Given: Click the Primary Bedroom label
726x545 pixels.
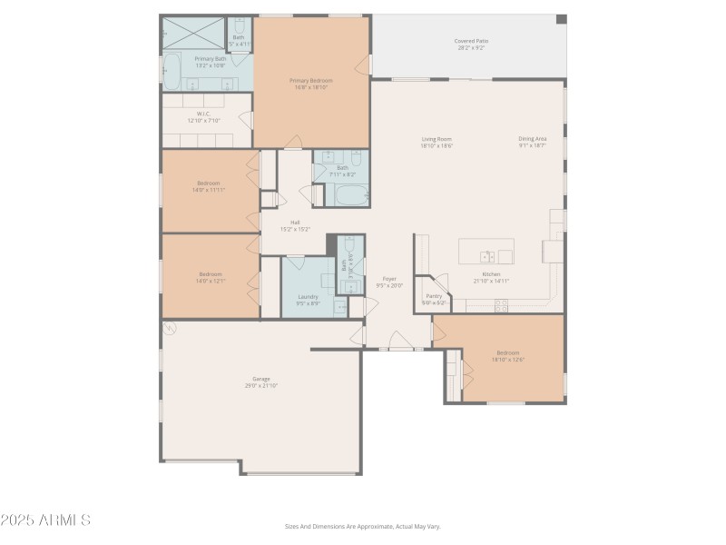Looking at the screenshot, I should (311, 81).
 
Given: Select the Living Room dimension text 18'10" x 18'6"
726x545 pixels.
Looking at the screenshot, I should (437, 145).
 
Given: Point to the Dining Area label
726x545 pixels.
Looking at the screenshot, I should (532, 138).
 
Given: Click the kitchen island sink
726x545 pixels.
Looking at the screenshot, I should (488, 255).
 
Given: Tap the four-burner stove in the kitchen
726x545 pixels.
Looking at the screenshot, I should (501, 305).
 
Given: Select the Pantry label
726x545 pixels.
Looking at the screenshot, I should (434, 295).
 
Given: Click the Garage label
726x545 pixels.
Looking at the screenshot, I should (261, 379).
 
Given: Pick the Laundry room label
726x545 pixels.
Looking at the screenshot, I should (308, 296).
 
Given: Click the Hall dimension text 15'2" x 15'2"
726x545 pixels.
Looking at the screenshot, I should (295, 229).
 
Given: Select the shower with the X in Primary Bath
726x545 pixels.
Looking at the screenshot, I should (192, 33).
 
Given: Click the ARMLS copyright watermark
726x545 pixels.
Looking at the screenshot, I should (45, 520).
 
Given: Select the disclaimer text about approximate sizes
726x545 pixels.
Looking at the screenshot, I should (362, 526).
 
